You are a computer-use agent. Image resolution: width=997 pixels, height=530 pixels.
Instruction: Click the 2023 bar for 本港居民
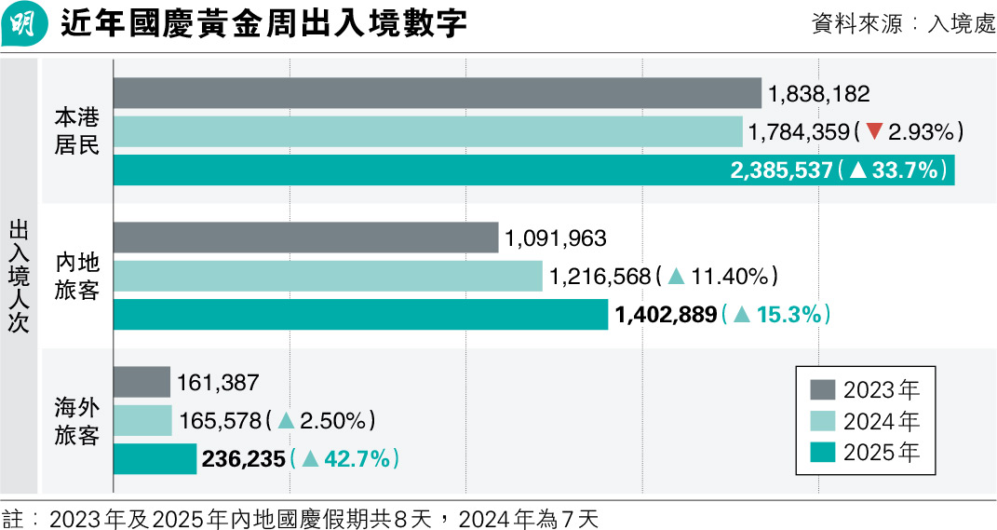[438, 93]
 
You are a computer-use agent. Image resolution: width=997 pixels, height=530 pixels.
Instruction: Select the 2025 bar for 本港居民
[533, 170]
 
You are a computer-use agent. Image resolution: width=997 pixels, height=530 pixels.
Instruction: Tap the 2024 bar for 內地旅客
[328, 276]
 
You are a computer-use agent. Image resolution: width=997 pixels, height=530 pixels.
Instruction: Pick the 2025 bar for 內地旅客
[360, 315]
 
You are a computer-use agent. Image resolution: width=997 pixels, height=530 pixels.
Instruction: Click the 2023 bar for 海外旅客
[141, 382]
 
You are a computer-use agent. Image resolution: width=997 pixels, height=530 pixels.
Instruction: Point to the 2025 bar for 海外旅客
[155, 459]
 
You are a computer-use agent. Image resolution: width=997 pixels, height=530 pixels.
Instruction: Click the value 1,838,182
[819, 93]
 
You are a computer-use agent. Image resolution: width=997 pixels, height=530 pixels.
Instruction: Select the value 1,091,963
[555, 238]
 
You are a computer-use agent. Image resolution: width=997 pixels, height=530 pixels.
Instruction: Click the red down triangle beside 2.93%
[873, 132]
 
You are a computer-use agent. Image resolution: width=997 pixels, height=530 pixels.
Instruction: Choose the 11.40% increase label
[718, 276]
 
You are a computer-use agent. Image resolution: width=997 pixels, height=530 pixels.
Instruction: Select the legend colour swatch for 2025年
[823, 453]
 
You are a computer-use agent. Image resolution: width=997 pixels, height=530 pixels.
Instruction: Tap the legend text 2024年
[882, 421]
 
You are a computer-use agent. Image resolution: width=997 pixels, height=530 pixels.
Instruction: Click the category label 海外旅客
[76, 421]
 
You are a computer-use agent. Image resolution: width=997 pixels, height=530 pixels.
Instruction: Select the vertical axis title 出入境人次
[20, 277]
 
